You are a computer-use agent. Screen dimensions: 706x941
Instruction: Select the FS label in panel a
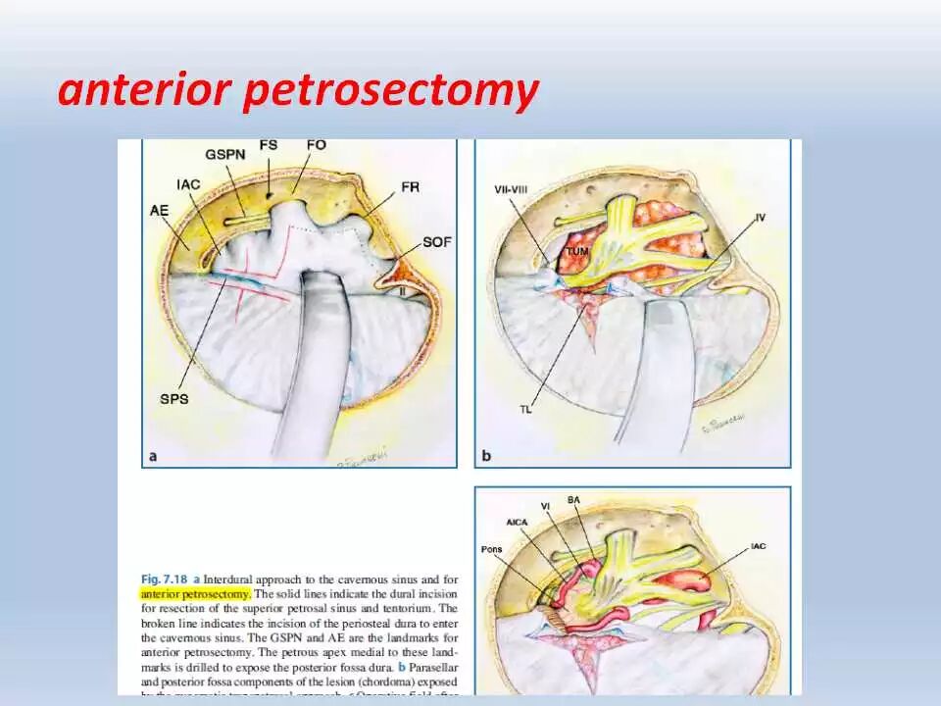pyautogui.click(x=268, y=145)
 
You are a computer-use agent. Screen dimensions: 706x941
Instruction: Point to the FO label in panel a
pyautogui.click(x=316, y=145)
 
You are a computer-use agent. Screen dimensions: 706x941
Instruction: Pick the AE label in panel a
pyautogui.click(x=160, y=209)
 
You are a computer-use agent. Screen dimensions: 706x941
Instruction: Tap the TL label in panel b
pyautogui.click(x=526, y=410)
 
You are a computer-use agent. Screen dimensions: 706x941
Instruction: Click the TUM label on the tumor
pyautogui.click(x=574, y=252)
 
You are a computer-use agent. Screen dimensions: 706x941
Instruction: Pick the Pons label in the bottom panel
pyautogui.click(x=492, y=549)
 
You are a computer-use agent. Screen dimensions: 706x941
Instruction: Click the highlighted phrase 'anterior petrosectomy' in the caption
pyautogui.click(x=196, y=593)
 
